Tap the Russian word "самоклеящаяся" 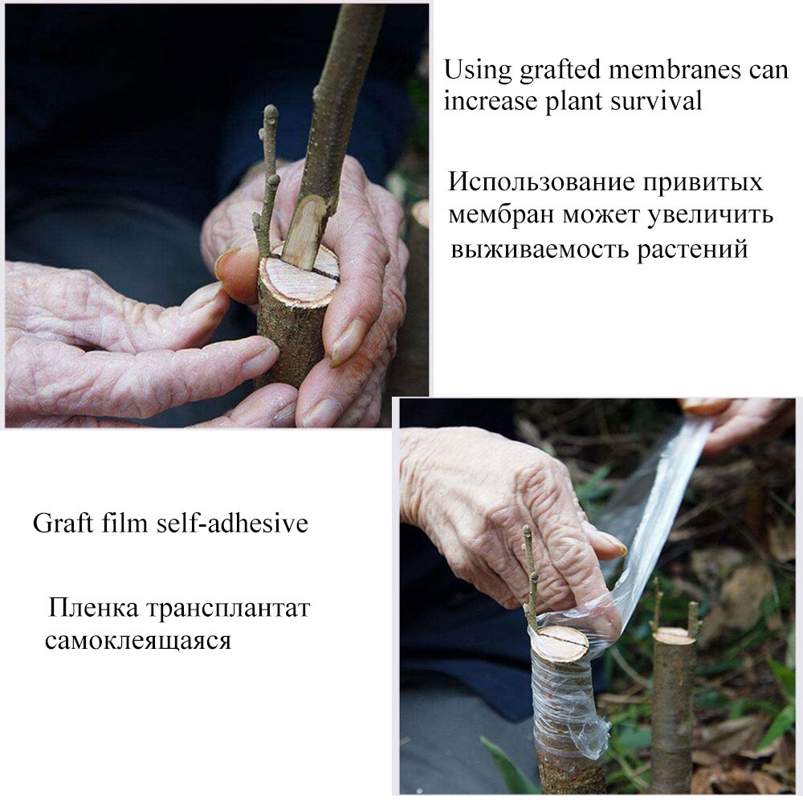137,642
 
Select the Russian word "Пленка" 92,607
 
